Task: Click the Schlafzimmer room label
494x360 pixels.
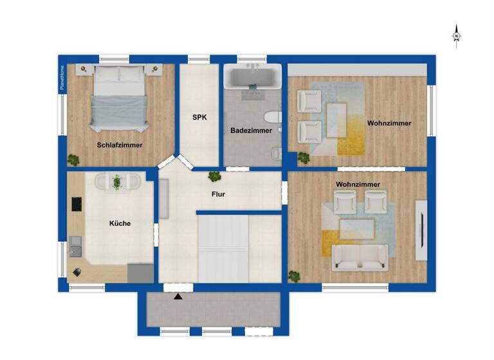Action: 120,145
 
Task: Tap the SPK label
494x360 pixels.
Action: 199,118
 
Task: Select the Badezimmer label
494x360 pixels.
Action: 251,130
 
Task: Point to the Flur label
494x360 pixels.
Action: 218,194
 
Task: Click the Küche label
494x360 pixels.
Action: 120,224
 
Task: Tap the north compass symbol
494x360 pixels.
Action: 456,35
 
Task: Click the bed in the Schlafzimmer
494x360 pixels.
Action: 120,96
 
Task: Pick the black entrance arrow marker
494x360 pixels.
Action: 178,296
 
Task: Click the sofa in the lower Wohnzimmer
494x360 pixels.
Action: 358,258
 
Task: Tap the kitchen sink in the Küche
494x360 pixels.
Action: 75,245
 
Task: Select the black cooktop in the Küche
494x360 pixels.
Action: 77,204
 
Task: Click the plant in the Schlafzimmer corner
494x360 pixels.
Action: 75,159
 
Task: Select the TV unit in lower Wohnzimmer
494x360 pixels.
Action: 421,230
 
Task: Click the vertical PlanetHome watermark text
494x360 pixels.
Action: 62,79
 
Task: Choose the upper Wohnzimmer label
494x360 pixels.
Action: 389,123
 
